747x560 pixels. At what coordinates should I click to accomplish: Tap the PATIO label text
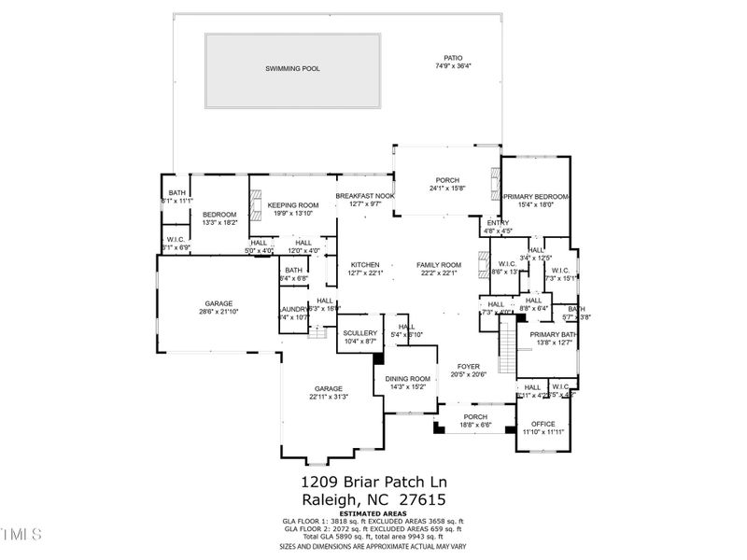pos(454,58)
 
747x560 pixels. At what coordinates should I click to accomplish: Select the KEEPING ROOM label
pos(293,204)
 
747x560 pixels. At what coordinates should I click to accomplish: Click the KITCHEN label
pos(365,264)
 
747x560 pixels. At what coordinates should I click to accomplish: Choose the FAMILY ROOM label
pos(439,264)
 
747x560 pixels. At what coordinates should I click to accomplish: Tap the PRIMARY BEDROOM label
pos(536,196)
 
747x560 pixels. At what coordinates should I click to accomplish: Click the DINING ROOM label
pos(407,378)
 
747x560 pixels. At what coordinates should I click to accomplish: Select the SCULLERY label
pos(359,333)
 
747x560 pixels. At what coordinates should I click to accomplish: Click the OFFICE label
pos(543,424)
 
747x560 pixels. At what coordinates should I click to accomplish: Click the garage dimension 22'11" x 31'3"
pos(328,397)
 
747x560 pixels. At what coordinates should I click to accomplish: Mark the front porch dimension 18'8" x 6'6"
pos(476,426)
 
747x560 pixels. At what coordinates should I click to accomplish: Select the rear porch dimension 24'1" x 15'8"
pos(448,189)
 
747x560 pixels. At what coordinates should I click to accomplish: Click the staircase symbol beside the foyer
pos(508,345)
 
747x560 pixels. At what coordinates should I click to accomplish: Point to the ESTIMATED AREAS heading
pos(373,512)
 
